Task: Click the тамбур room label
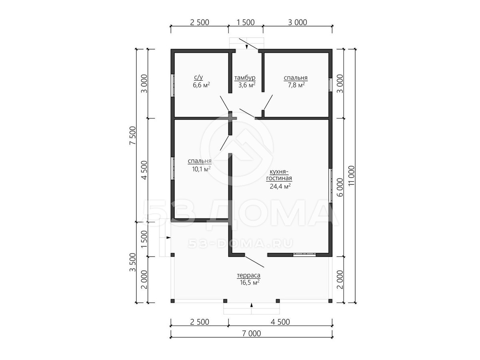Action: click(245, 78)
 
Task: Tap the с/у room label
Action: click(198, 78)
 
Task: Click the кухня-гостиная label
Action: click(279, 175)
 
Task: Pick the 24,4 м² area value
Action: click(280, 186)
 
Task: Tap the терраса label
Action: click(249, 276)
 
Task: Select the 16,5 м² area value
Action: click(250, 283)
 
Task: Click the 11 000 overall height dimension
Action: click(352, 176)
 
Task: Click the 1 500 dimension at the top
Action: click(246, 22)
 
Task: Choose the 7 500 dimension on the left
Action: click(133, 136)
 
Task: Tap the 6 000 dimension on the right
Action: click(340, 187)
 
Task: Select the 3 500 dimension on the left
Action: click(133, 262)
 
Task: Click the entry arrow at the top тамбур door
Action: click(247, 47)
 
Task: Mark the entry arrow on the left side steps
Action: click(168, 238)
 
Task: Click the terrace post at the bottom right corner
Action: click(330, 301)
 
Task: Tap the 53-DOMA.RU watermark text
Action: click(240, 243)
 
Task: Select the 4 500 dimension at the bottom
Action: click(280, 322)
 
